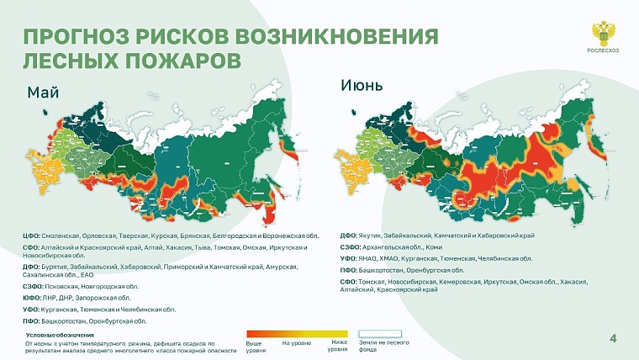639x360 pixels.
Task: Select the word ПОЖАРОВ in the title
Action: (180, 61)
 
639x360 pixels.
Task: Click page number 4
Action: (612, 338)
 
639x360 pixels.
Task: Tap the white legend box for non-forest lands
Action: (380, 334)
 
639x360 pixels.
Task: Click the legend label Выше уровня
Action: (253, 346)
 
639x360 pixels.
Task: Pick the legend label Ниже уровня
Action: (339, 346)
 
